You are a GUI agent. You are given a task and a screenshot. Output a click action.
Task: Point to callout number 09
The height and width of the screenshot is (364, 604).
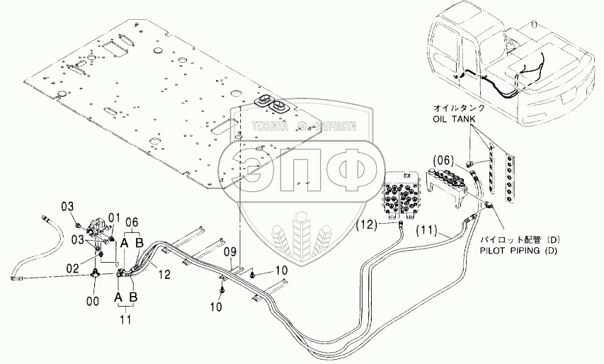(229, 251)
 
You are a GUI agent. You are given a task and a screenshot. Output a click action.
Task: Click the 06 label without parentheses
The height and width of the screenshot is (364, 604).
(133, 222)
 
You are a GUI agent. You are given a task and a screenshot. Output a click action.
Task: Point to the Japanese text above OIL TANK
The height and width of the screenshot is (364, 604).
(460, 108)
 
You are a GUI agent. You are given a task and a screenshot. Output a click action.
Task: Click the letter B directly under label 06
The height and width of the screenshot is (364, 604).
(140, 244)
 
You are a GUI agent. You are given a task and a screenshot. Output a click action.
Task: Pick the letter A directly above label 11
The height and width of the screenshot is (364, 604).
(119, 292)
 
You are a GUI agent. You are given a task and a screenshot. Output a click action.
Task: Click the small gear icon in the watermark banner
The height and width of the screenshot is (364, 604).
(302, 127)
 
